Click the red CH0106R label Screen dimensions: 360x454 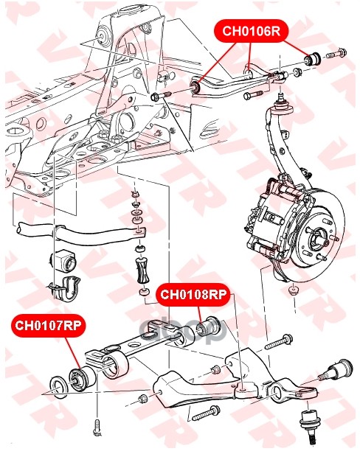point(252,31)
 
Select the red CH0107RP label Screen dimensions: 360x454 point(49,326)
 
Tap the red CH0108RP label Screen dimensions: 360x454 point(193,295)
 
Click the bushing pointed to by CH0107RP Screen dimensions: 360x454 point(82,379)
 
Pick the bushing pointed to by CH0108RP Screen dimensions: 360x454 point(208,329)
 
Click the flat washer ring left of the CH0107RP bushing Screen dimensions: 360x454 point(59,388)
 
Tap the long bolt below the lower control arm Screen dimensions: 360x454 point(206,413)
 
